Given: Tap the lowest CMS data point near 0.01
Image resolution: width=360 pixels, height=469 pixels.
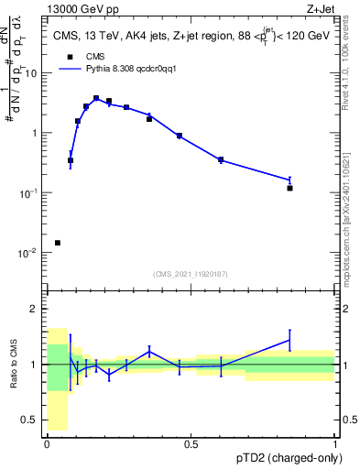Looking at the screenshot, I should click(58, 243).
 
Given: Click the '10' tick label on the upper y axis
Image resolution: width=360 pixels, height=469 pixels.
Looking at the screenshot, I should click(33, 73).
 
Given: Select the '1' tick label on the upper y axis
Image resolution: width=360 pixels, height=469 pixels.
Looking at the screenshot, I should click(36, 133).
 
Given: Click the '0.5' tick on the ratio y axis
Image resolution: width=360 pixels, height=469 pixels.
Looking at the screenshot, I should click(31, 420).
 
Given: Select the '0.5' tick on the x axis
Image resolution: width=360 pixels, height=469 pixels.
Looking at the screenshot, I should click(191, 444).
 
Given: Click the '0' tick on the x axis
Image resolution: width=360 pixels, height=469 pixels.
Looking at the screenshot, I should click(47, 444).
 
